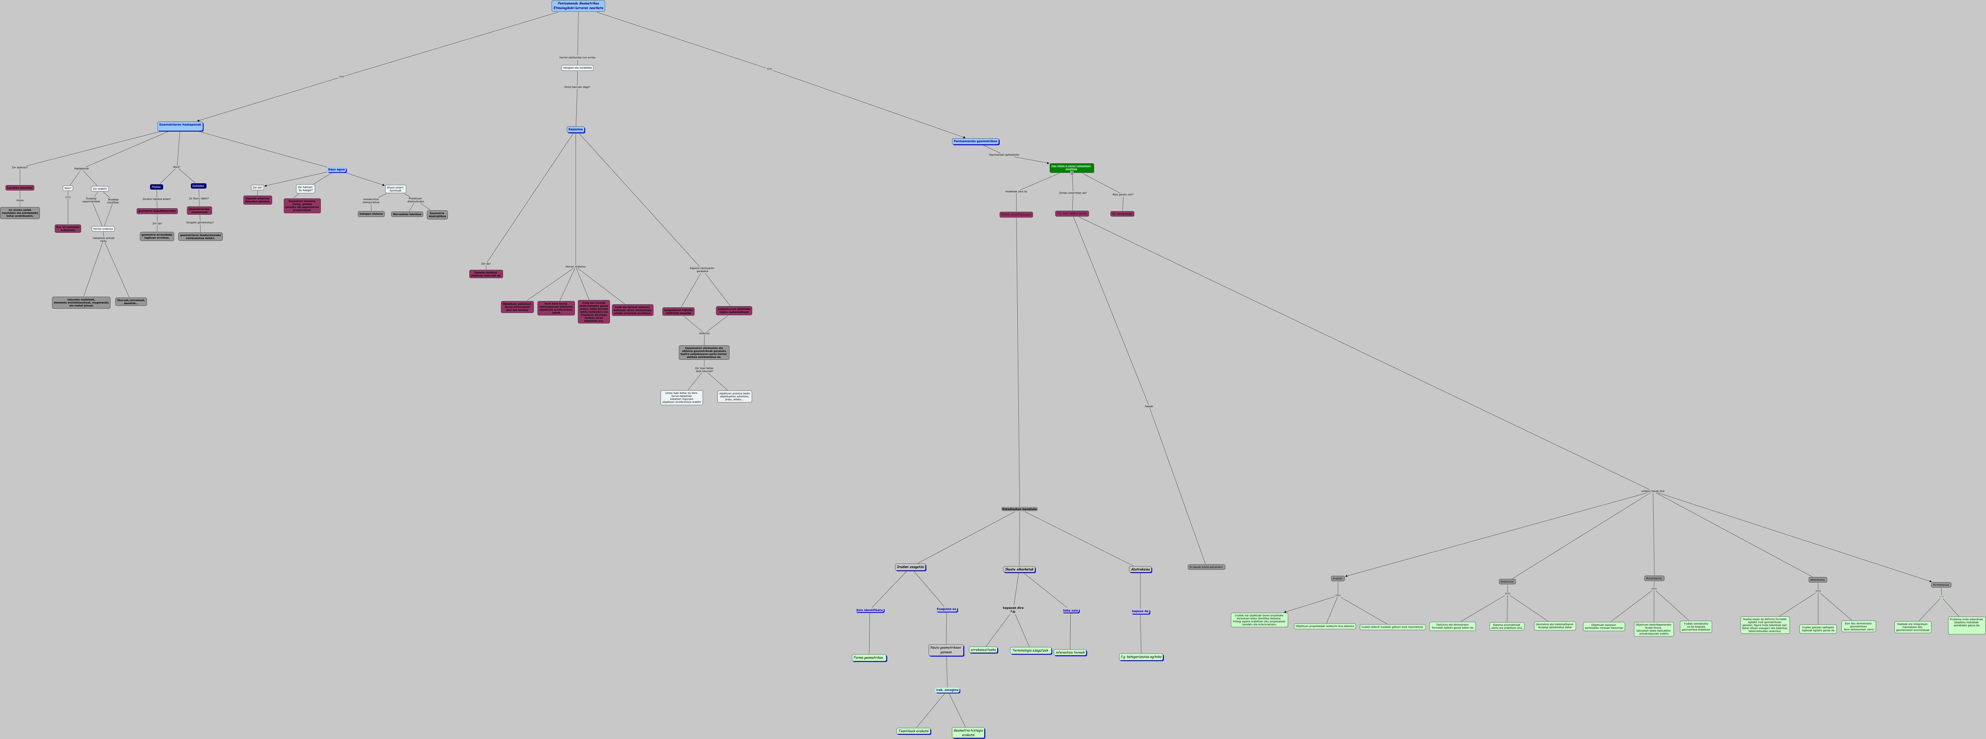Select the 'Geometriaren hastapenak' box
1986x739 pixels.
click(x=180, y=125)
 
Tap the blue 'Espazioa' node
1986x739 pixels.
click(x=575, y=129)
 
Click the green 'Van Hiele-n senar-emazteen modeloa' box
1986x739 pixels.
click(x=1071, y=167)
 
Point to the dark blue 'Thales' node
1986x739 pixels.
click(x=157, y=187)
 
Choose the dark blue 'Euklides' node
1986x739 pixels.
click(x=198, y=186)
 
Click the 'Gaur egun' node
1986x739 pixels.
click(x=336, y=170)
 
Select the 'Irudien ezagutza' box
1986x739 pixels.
click(x=911, y=567)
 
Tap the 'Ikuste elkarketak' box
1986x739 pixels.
click(x=1019, y=569)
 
